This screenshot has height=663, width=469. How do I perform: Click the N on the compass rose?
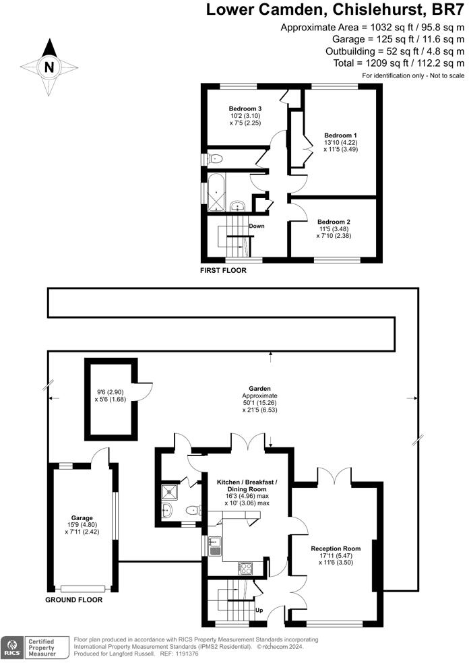point(49,67)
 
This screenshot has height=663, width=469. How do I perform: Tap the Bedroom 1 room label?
point(340,135)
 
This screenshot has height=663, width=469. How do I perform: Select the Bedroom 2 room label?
point(334,222)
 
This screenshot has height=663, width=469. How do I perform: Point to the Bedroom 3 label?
point(245,108)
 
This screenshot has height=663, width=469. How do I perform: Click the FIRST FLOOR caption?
point(223,270)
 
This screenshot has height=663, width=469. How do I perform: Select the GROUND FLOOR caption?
point(73,599)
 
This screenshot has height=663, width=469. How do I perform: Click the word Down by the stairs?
point(256,226)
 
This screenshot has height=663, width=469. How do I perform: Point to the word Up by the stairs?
point(258,610)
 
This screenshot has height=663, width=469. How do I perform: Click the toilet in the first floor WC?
point(216,159)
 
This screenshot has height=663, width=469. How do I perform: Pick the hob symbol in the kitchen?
point(244,567)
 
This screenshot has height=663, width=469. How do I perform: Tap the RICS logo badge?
point(11,646)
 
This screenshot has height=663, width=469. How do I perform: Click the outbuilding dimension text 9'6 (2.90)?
point(109,391)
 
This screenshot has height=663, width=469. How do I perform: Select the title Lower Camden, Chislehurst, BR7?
point(335,10)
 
